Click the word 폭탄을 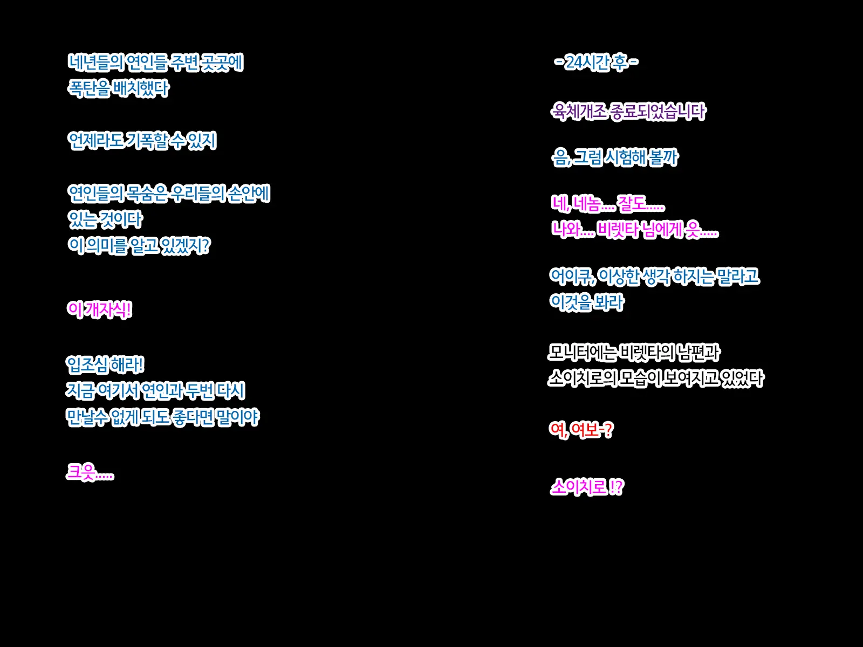pos(89,88)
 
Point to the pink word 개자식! pos(108,309)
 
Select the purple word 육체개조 pos(579,112)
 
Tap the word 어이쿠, pos(572,276)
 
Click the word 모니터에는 pos(582,353)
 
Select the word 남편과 pos(698,353)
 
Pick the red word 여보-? pos(592,430)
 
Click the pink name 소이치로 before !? pos(578,487)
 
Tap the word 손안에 pos(249,193)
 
